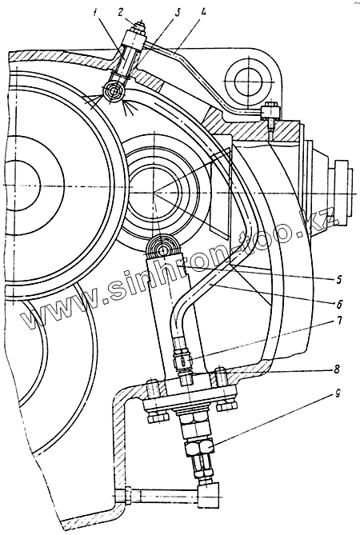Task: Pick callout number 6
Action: click(x=338, y=303)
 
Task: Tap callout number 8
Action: click(x=338, y=369)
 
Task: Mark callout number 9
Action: click(x=338, y=394)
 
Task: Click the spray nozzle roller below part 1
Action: click(x=114, y=92)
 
